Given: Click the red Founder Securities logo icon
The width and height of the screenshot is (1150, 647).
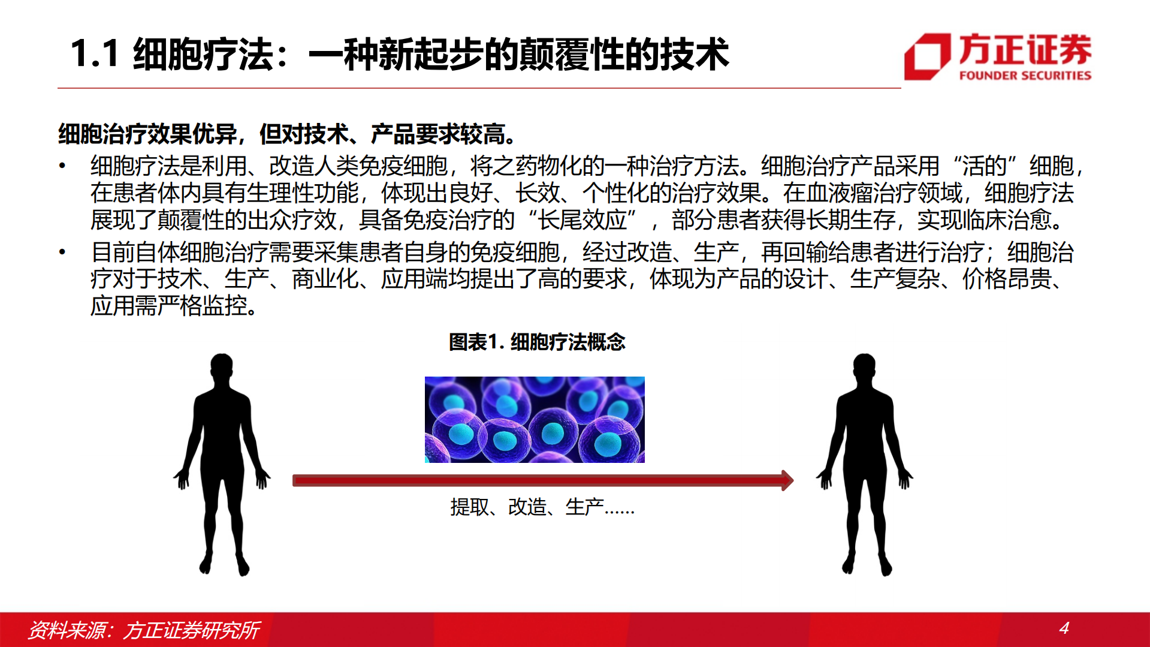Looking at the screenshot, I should point(927,56).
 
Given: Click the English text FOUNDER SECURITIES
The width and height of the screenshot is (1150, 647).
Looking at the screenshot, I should point(1025,76).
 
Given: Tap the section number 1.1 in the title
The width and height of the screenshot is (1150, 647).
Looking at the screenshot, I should point(94,54).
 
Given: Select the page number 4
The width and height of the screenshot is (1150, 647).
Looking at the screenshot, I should point(1064,628).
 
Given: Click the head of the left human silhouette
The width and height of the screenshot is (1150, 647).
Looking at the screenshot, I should point(222,368).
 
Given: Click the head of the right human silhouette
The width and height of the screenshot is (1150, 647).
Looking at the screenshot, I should point(864,368).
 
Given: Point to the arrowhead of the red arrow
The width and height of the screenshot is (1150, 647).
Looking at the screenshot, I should point(787,480).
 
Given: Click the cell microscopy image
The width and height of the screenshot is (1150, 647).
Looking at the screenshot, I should point(535,419).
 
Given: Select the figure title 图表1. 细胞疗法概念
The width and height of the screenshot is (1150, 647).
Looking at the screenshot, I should point(536,342).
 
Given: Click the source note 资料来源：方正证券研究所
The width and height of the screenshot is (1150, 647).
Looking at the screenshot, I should point(144,630).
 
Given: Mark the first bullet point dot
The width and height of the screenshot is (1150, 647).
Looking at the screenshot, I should point(62,165).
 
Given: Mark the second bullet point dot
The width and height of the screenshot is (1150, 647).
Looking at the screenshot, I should point(62,252).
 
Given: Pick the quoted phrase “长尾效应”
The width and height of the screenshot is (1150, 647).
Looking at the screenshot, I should point(582,220).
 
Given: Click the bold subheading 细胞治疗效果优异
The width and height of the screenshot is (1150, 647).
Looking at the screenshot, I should point(147,134).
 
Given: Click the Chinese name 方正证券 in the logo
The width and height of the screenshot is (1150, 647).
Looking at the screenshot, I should point(1025,49).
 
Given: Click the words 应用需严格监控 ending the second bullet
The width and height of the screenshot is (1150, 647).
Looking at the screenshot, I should point(169,306).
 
